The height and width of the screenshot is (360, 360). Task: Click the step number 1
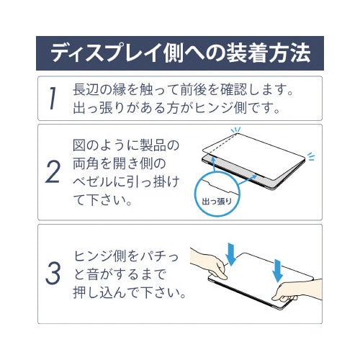[53, 100]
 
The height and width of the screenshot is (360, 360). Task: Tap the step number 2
[53, 172]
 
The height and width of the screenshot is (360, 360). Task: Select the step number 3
[53, 274]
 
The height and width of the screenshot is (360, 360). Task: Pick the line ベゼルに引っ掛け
[127, 181]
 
